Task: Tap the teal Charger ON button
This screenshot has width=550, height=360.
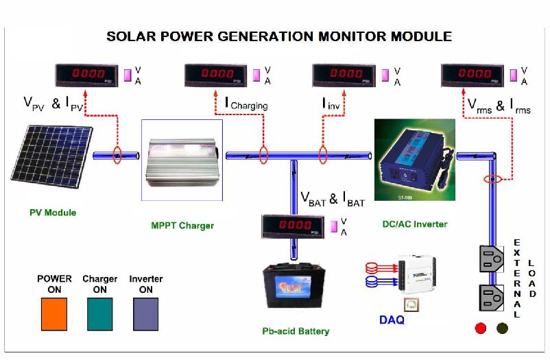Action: tap(100, 313)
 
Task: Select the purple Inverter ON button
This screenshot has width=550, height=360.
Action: tap(145, 313)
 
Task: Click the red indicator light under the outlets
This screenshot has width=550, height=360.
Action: tap(481, 328)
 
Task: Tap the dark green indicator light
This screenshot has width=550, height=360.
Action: tap(502, 328)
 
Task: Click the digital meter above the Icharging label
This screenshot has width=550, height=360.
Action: tap(217, 73)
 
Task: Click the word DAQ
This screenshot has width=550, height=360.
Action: tap(392, 320)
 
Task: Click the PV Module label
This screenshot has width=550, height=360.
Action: tap(53, 213)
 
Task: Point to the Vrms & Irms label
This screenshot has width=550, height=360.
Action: tap(499, 106)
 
